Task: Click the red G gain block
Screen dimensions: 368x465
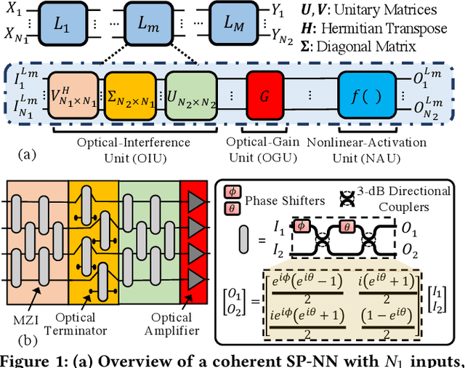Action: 264,94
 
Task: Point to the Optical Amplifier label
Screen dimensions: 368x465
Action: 171,324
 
